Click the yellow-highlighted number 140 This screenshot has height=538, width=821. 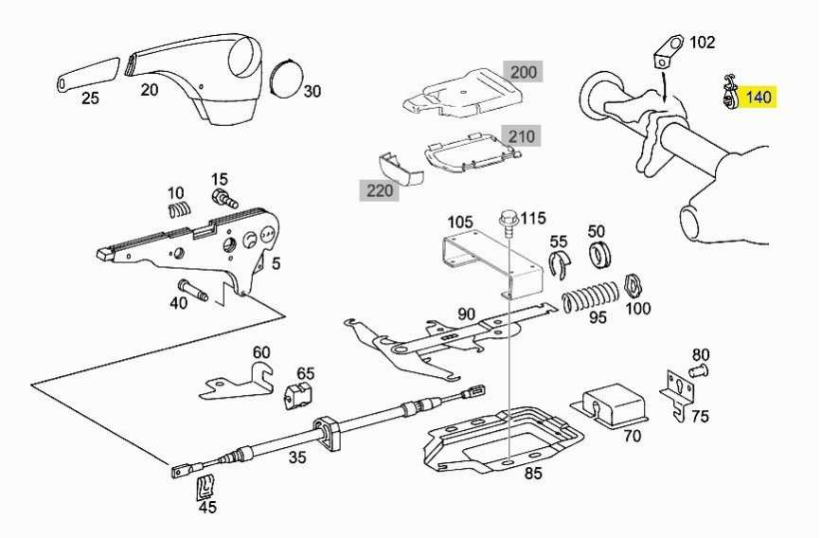point(759,97)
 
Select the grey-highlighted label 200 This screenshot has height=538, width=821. point(523,73)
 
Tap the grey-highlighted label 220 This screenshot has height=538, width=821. point(378,190)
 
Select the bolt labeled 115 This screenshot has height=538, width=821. point(509,224)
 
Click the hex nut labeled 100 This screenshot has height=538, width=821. point(635,284)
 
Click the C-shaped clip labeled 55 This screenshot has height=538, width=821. point(560,266)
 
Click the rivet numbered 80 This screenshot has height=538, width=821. point(699,369)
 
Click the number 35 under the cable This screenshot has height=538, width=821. point(297,459)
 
